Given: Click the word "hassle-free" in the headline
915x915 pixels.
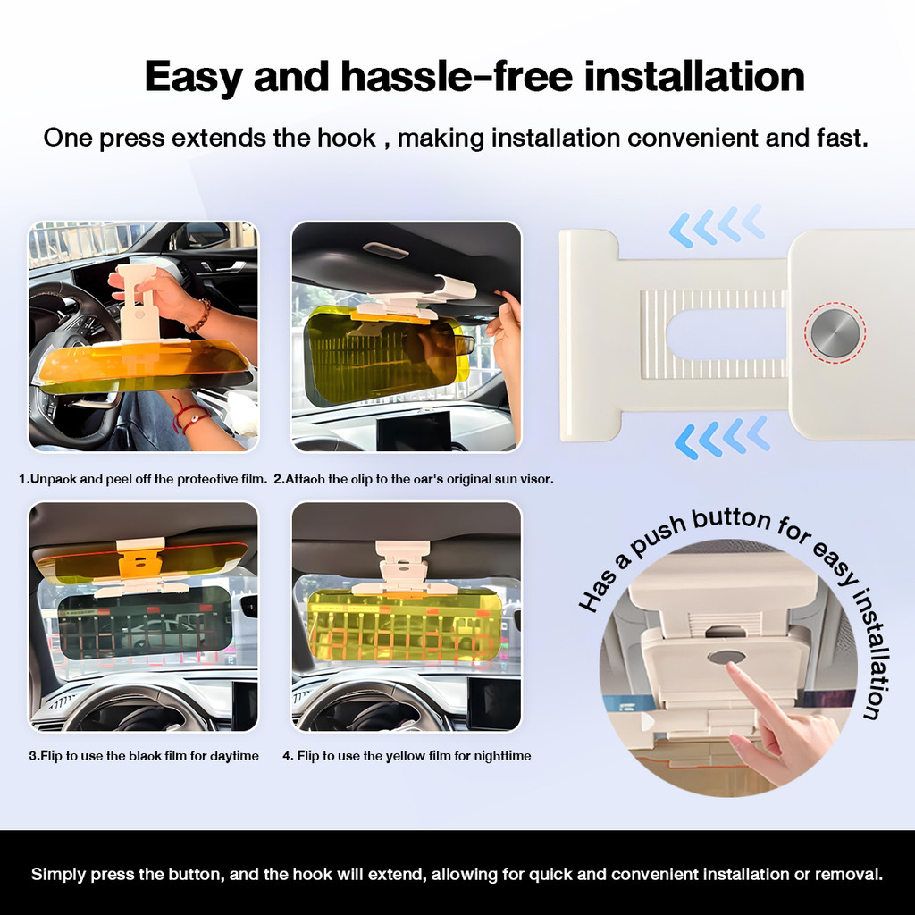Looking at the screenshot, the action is (457, 77).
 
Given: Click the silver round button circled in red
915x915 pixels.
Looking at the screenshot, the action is (835, 333).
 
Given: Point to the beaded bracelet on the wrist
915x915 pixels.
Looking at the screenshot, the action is (199, 315).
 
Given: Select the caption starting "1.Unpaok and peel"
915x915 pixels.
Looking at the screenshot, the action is (143, 479).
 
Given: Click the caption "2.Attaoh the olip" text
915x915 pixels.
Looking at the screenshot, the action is (414, 479).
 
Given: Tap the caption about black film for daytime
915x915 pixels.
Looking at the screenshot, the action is (144, 756).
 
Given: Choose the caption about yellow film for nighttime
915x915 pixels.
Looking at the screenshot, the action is (407, 756).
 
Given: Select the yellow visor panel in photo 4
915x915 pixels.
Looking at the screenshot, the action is (404, 625).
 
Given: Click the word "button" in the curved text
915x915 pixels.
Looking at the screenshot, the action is (732, 520).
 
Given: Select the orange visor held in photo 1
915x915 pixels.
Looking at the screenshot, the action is (143, 365).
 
